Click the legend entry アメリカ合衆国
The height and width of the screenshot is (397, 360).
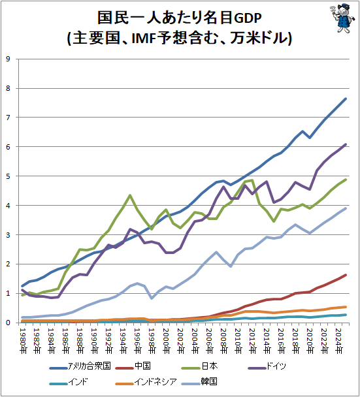(x=80, y=366)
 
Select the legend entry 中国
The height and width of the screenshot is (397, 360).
(x=133, y=366)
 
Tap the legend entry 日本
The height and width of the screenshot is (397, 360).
(x=200, y=366)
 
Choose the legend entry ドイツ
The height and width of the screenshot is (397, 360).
(x=267, y=366)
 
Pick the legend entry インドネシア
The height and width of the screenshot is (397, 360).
(x=146, y=382)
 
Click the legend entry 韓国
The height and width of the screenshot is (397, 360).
(x=199, y=382)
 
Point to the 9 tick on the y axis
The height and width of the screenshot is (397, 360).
(x=8, y=59)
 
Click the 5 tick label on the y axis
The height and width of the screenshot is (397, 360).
(x=8, y=176)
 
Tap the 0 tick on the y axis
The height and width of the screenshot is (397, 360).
(x=8, y=323)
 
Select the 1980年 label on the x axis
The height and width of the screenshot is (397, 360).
(x=23, y=341)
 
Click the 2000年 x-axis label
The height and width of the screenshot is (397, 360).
(x=167, y=341)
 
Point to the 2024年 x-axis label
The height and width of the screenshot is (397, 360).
(x=338, y=341)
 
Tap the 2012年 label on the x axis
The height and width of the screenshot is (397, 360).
(x=253, y=341)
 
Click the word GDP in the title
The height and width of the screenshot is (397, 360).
(x=247, y=18)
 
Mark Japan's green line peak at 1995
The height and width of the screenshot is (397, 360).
(x=130, y=195)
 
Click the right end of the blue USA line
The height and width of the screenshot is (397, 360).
(x=346, y=99)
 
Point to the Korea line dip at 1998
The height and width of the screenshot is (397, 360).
(x=152, y=298)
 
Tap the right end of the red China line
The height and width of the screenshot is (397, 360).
(x=346, y=275)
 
